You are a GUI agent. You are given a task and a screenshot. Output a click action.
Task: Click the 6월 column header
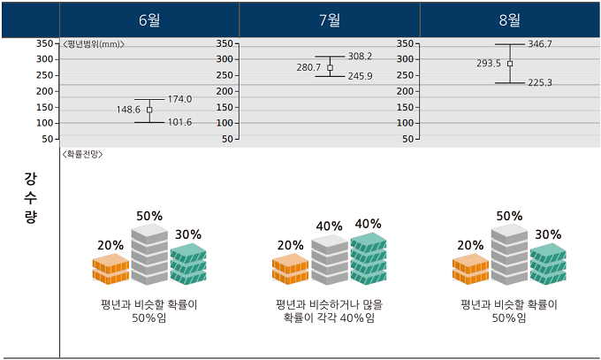(x=149, y=20)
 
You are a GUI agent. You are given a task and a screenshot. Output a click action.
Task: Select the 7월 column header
(x=330, y=20)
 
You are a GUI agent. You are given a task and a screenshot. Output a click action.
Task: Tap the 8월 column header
(x=510, y=20)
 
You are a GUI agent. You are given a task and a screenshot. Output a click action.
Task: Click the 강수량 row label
(x=30, y=198)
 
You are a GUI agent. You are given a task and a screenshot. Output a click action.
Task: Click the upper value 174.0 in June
(x=179, y=99)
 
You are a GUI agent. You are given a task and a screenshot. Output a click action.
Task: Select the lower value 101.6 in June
(x=179, y=122)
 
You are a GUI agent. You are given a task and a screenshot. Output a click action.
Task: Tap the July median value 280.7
(x=308, y=67)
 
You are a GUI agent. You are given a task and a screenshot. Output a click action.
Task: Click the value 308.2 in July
(x=360, y=56)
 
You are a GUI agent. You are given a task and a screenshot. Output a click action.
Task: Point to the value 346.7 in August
(x=540, y=43)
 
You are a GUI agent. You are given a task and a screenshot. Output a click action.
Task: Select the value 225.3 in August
(x=540, y=83)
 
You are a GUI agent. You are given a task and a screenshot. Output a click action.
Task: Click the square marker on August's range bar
(x=510, y=63)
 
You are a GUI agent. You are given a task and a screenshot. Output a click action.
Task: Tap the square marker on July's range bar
(x=330, y=67)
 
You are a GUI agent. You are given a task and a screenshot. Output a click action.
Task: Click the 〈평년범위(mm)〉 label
(x=93, y=43)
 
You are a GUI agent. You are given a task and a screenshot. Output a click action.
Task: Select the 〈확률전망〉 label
(x=82, y=154)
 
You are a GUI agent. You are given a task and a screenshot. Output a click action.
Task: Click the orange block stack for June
(x=110, y=269)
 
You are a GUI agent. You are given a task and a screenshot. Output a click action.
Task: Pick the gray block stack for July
(x=330, y=260)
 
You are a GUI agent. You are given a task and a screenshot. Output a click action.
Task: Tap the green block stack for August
(x=548, y=264)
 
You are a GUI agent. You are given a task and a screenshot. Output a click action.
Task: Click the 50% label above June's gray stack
(x=149, y=216)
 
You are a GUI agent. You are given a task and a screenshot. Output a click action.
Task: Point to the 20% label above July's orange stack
(x=291, y=245)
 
